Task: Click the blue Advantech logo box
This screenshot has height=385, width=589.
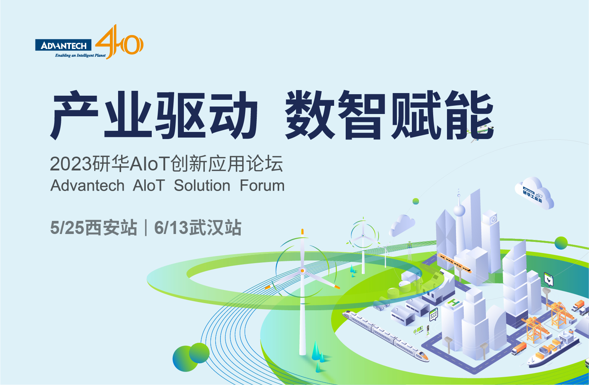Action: (64, 45)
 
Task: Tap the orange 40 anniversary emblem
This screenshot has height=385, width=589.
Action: (120, 42)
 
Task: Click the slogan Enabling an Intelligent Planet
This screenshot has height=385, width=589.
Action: (80, 55)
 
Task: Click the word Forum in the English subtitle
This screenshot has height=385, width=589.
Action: (262, 185)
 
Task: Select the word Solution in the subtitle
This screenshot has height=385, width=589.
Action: (202, 185)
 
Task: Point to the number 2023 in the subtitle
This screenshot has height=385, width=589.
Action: (71, 164)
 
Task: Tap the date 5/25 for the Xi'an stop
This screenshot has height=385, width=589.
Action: (67, 228)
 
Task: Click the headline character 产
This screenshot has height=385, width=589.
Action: (74, 115)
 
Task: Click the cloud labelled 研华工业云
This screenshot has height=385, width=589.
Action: (534, 193)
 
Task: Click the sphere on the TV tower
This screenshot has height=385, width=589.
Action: (459, 210)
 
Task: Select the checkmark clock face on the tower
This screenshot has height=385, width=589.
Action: (494, 219)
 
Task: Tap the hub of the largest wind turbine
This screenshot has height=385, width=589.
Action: (302, 271)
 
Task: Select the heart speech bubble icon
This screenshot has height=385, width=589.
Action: (549, 280)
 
